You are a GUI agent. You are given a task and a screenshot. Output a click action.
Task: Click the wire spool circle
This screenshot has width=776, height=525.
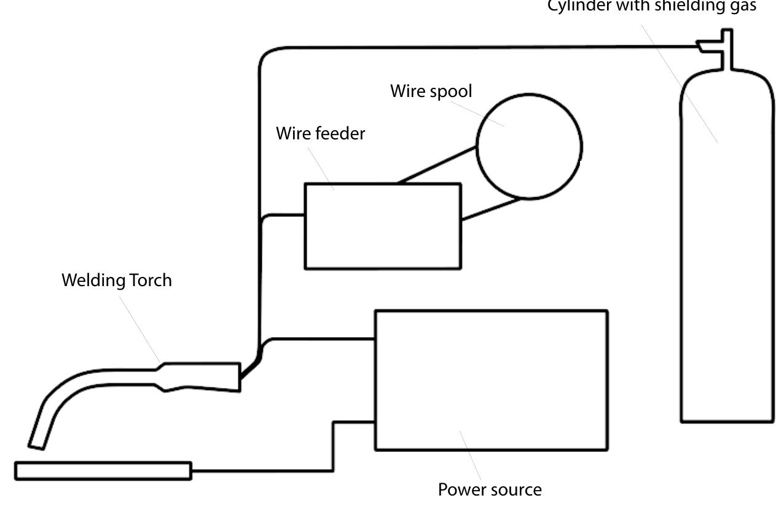tap(529, 147)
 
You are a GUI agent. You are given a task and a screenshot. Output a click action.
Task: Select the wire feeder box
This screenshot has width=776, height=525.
tap(383, 226)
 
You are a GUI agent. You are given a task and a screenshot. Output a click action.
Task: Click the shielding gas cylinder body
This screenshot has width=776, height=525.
tap(727, 258)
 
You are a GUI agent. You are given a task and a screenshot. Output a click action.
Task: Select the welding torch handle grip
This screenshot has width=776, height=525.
tap(203, 376)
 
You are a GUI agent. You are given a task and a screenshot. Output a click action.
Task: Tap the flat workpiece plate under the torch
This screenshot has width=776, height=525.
tap(103, 471)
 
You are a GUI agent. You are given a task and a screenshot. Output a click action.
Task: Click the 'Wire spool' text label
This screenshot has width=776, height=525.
tap(431, 91)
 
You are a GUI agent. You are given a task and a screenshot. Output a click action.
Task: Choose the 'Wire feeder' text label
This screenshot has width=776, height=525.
tap(320, 133)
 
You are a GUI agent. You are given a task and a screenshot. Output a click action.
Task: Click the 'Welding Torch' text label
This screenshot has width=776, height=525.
tap(117, 281)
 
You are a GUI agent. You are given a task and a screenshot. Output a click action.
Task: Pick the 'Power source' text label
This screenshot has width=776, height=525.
tap(490, 490)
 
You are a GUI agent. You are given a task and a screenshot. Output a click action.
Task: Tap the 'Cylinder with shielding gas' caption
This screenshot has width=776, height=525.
tap(652, 6)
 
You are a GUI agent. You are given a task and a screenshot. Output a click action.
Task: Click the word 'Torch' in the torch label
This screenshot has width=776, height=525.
tap(151, 281)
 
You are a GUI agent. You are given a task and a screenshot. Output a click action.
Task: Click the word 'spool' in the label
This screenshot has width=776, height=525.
tap(451, 91)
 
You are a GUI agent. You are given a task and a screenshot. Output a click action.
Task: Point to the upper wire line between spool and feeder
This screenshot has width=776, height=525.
tap(437, 165)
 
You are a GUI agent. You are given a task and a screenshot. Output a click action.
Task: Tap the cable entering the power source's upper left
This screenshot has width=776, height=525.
tap(323, 338)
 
